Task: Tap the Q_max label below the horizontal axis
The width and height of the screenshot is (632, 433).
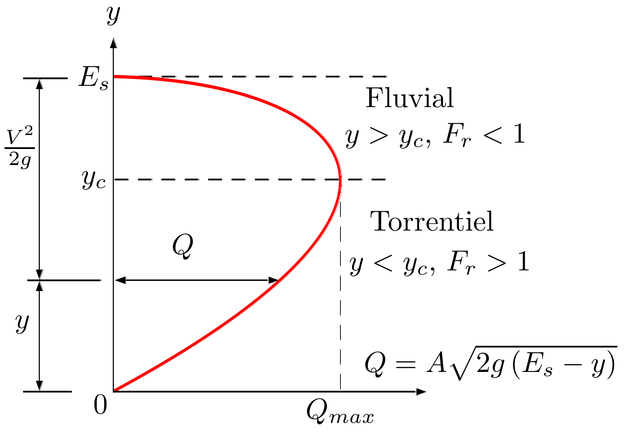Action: tap(340, 413)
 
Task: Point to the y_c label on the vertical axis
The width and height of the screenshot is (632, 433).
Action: tap(94, 180)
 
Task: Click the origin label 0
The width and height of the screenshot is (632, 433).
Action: tap(100, 406)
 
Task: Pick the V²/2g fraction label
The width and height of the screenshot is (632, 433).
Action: tap(20, 147)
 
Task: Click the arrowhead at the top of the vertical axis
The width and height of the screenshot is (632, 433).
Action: tap(113, 42)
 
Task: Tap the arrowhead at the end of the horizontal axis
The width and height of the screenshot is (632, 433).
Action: tap(421, 391)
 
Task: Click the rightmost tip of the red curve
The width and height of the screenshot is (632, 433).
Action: tap(340, 180)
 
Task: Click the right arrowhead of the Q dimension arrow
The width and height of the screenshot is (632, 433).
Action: tap(273, 280)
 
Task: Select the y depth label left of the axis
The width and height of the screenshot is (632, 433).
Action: tap(22, 323)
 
